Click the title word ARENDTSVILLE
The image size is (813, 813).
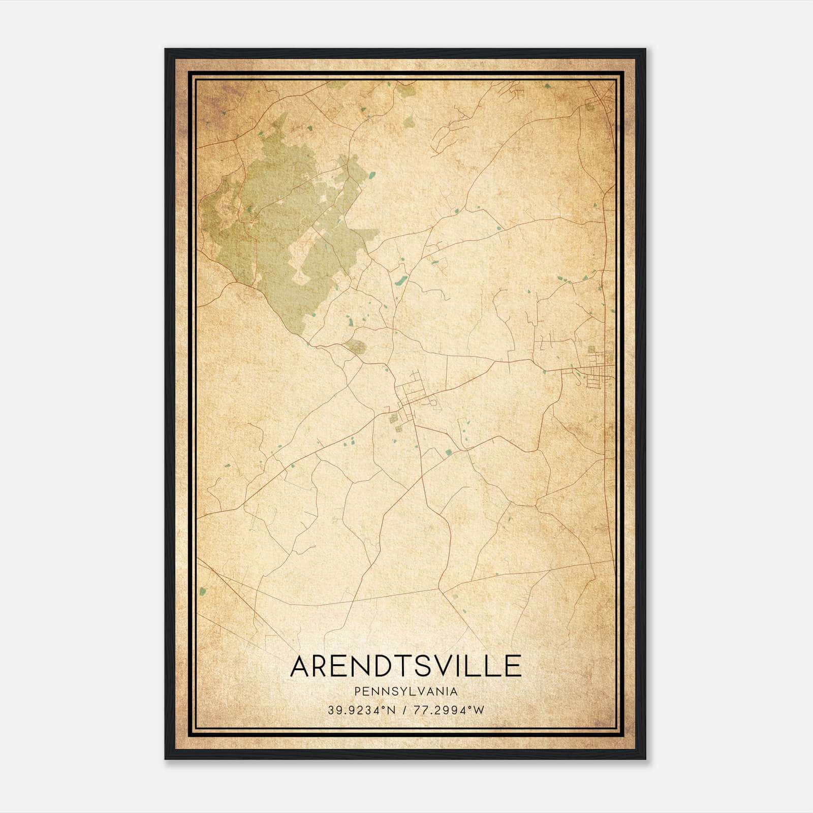tap(406, 666)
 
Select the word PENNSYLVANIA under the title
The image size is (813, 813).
tap(406, 692)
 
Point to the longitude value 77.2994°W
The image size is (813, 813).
tap(450, 710)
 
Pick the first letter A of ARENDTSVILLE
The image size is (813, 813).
tap(301, 666)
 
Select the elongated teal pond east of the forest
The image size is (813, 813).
tap(401, 280)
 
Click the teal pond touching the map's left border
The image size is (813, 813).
tap(203, 591)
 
